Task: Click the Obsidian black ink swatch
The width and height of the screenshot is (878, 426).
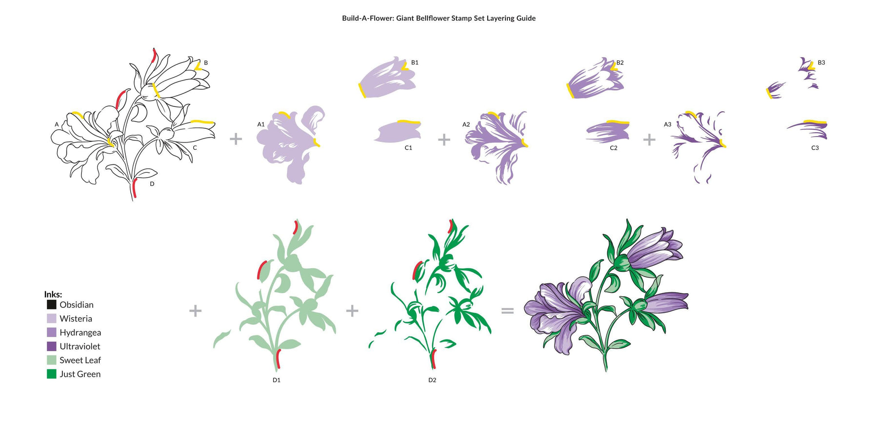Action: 51,304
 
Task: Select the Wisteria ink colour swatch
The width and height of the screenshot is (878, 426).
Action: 51,318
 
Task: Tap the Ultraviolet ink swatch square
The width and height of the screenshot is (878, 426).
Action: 51,346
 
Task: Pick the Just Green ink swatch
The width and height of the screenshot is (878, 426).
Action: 51,374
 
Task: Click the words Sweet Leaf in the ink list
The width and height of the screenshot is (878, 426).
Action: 80,360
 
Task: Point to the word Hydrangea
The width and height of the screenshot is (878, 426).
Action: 80,333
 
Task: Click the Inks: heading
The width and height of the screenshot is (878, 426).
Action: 53,294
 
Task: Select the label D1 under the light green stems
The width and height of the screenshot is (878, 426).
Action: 277,380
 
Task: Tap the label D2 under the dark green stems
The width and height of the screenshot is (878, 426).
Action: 432,380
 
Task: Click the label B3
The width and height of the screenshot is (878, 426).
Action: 821,62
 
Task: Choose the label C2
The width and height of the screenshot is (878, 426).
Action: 614,148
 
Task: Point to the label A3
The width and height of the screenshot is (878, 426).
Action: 667,124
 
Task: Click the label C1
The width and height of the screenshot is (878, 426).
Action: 408,148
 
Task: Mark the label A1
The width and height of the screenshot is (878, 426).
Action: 261,124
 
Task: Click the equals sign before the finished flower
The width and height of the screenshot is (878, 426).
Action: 508,310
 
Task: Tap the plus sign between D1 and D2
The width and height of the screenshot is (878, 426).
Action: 352,310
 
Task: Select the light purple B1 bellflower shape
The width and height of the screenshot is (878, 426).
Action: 387,78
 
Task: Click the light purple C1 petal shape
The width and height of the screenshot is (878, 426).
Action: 398,131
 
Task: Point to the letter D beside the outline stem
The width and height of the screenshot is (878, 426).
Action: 152,184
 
